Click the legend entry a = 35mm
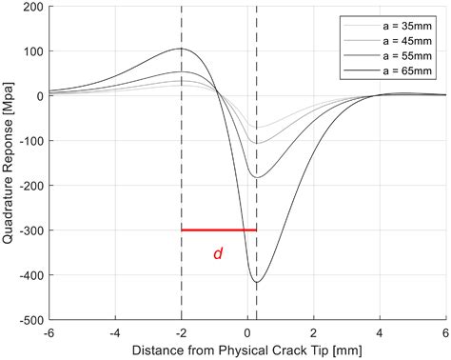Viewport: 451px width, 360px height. (x=401, y=25)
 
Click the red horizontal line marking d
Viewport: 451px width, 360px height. (x=218, y=230)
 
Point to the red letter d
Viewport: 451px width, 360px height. (x=217, y=255)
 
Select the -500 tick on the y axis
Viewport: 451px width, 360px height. (x=29, y=321)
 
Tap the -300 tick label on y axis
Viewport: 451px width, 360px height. (x=29, y=231)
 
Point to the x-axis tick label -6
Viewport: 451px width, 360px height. (x=48, y=333)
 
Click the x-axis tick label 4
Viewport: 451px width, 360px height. (x=380, y=333)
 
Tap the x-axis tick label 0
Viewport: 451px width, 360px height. (x=247, y=333)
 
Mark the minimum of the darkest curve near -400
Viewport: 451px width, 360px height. (x=257, y=282)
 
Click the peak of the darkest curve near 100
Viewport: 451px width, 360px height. (x=180, y=49)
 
